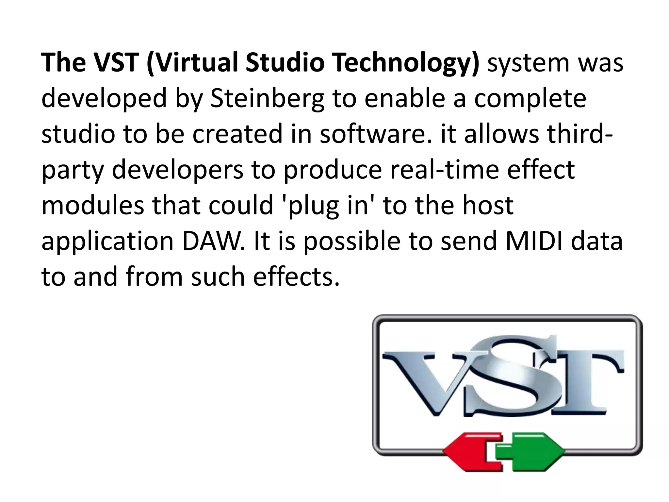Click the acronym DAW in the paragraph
(213, 241)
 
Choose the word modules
(93, 205)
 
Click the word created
(237, 134)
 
